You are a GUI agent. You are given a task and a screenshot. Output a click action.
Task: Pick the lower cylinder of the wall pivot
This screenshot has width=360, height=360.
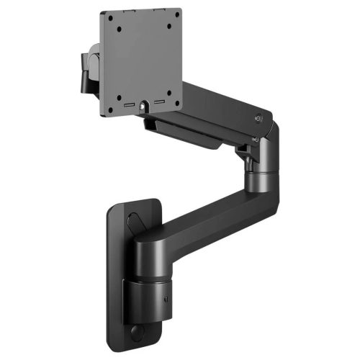tap(148, 302)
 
